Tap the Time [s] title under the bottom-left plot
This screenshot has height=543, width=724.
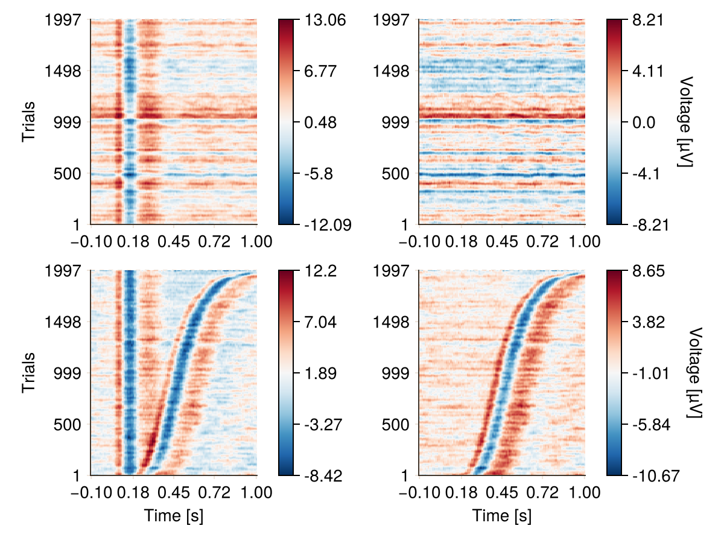pyautogui.click(x=173, y=516)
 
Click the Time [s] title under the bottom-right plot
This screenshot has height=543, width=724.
pyautogui.click(x=502, y=516)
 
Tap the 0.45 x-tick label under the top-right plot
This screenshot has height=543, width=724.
pyautogui.click(x=503, y=242)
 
